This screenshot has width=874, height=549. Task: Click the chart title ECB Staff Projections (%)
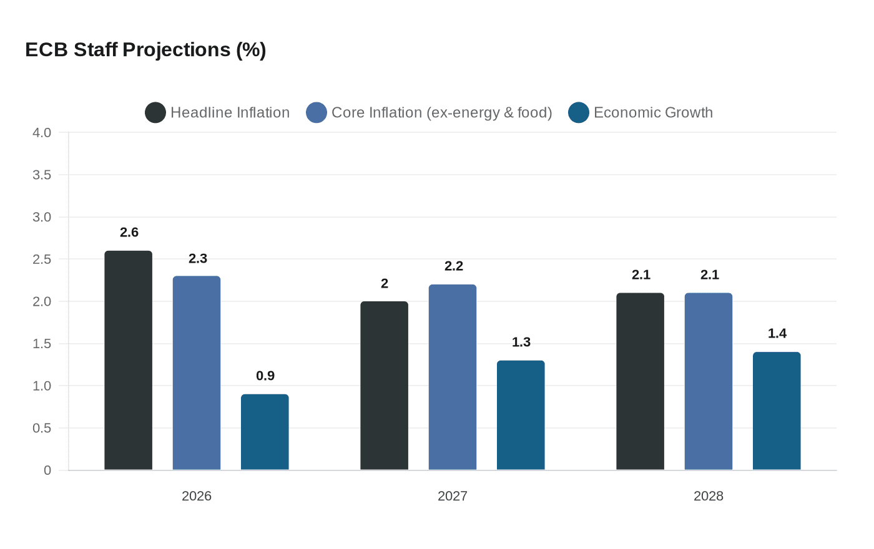145,50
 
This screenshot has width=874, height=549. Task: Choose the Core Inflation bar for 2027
453,377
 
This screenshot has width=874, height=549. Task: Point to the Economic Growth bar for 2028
777,411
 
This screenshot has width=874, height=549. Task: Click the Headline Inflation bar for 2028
640,381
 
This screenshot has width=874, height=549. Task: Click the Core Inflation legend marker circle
317,113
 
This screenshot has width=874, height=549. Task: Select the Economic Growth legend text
653,113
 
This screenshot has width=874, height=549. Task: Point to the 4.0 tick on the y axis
42,133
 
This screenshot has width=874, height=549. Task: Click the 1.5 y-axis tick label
42,344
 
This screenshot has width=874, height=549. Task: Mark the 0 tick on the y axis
47,470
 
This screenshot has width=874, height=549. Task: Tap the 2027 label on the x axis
453,496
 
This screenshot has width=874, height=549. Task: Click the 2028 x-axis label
709,496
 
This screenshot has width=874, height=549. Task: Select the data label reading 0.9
265,376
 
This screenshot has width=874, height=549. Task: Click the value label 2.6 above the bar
129,233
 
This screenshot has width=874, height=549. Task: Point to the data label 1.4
777,334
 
